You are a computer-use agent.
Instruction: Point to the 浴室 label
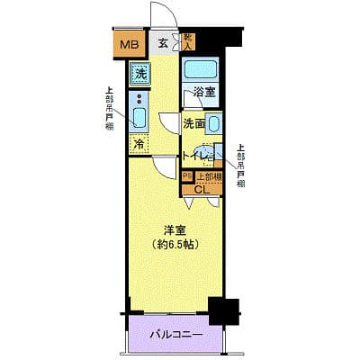202,92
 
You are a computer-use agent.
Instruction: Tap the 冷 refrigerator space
139,144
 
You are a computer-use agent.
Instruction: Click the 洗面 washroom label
194,123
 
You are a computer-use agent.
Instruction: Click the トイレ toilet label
194,156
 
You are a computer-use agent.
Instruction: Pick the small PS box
186,176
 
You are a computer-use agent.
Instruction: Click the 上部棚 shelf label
208,176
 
